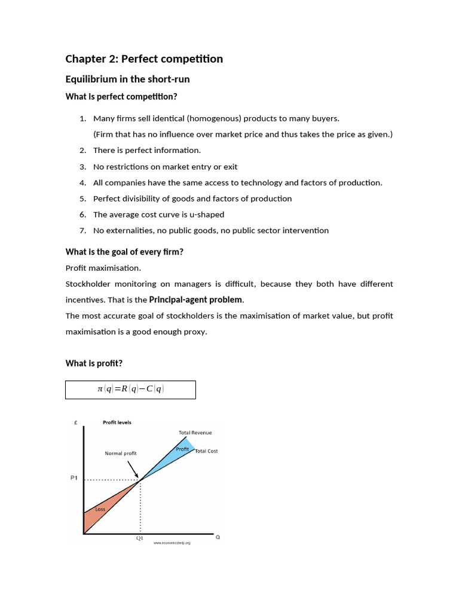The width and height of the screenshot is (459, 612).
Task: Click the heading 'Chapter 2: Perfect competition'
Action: point(144,59)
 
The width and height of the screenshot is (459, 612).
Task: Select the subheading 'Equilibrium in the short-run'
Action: point(127,79)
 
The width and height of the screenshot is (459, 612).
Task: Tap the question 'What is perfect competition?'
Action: point(121,97)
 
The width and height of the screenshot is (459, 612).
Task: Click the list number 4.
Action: point(83,183)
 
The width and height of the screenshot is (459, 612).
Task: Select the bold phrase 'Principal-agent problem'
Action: point(196,299)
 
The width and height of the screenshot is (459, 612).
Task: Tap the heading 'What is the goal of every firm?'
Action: point(124,252)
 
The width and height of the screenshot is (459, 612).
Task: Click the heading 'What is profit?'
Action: point(94,363)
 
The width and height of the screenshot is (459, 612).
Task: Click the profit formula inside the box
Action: point(130,389)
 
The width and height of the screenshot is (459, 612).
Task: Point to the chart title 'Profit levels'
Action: point(117,423)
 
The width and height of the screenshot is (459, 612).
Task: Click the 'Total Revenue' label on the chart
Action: point(195,433)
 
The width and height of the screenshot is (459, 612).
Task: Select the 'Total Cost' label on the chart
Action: point(206,451)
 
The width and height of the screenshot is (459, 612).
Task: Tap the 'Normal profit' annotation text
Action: point(121,454)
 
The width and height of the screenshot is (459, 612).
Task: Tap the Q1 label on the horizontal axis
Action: point(140,538)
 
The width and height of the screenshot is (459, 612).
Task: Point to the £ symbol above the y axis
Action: point(76,423)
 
